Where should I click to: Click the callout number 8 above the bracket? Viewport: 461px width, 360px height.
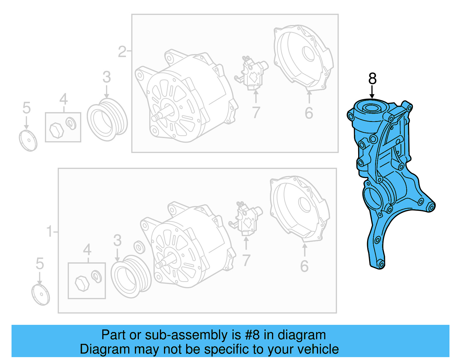(372, 79)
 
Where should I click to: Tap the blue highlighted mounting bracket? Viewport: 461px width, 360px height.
(386, 179)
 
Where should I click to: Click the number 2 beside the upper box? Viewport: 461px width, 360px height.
(122, 52)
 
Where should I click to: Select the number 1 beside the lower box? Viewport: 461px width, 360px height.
(50, 231)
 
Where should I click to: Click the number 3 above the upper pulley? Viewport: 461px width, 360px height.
(107, 77)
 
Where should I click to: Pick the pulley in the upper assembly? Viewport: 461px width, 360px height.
(107, 120)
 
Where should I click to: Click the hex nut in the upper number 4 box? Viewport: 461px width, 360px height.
(56, 130)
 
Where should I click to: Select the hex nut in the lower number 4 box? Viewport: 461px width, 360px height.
(82, 284)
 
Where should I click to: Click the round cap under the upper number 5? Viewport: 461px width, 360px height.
(28, 140)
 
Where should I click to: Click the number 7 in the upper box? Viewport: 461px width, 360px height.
(256, 113)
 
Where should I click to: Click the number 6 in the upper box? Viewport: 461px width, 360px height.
(309, 113)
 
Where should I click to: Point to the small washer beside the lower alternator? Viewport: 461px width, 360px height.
(139, 248)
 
